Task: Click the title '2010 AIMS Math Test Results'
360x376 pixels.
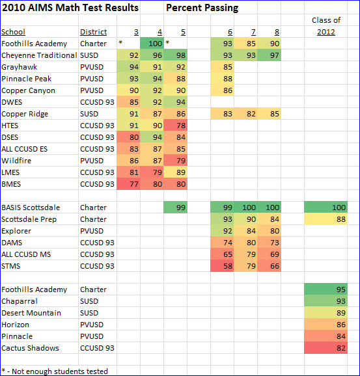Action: tap(70, 8)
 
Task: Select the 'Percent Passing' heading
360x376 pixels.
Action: tap(202, 8)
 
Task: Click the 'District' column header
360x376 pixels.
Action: tap(93, 32)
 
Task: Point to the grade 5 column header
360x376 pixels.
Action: tap(183, 32)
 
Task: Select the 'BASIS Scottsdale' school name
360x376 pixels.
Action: tap(31, 208)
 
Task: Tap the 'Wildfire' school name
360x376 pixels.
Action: tap(16, 161)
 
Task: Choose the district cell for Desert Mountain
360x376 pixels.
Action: tap(90, 313)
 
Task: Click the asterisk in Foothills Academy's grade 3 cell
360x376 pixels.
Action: tap(120, 44)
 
